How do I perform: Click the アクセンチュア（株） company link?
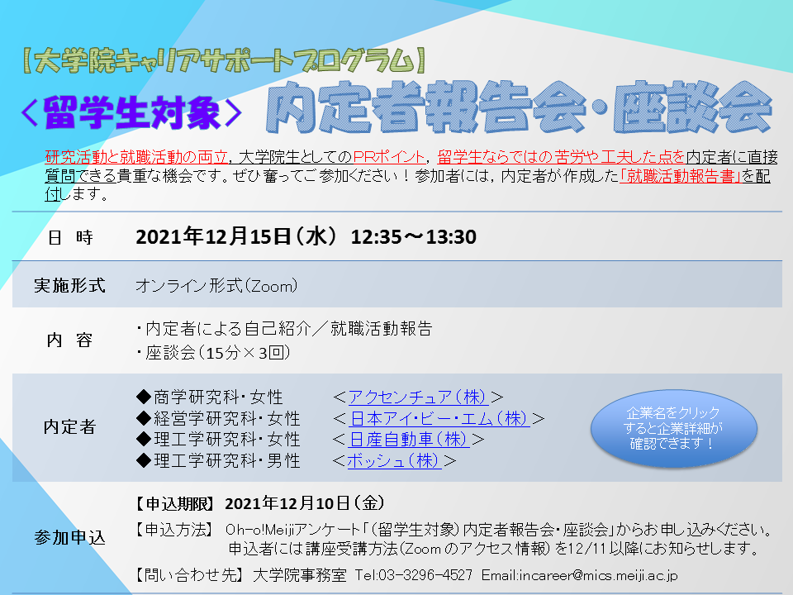point(418,397)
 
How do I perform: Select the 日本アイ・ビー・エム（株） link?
point(439,418)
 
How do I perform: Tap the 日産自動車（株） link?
point(409,439)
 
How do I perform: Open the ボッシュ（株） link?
point(395,460)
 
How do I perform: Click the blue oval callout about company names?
point(674,428)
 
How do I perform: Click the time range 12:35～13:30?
point(414,237)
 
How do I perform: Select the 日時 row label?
point(70,237)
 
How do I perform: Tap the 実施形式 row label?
point(69,285)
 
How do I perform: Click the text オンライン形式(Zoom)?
point(216,286)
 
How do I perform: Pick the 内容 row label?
point(69,340)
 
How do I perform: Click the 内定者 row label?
point(69,427)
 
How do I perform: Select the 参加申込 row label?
point(69,537)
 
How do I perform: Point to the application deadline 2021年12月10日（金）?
point(305,503)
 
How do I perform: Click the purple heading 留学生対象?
point(131,112)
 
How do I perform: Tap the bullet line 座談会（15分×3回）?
point(213,353)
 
